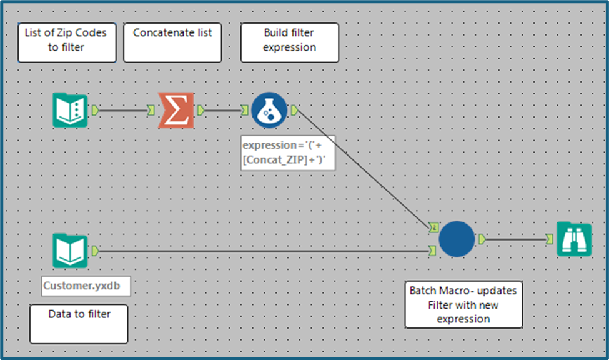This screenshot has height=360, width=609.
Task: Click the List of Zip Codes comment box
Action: pos(67,42)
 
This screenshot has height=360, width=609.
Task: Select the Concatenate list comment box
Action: pos(172,42)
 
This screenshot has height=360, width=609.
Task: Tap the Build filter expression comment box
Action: pos(289,42)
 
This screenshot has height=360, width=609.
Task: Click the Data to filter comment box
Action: pos(79,323)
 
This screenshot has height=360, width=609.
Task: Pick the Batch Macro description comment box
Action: pos(463,304)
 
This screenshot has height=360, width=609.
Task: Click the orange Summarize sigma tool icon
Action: pos(176,111)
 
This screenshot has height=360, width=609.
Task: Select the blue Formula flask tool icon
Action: pos(269,111)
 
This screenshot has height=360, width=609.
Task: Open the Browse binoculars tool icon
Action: pos(573,239)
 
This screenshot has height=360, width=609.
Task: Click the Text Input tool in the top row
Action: pos(70,111)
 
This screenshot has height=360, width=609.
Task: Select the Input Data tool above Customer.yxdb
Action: pos(70,251)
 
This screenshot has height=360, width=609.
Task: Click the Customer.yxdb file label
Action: pos(86,286)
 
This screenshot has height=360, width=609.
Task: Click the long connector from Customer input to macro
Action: pos(262,251)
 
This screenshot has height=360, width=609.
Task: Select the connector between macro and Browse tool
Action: pos(515,239)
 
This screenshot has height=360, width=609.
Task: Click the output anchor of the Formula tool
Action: pos(294,111)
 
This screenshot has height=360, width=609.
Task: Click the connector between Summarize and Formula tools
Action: pos(222,111)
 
